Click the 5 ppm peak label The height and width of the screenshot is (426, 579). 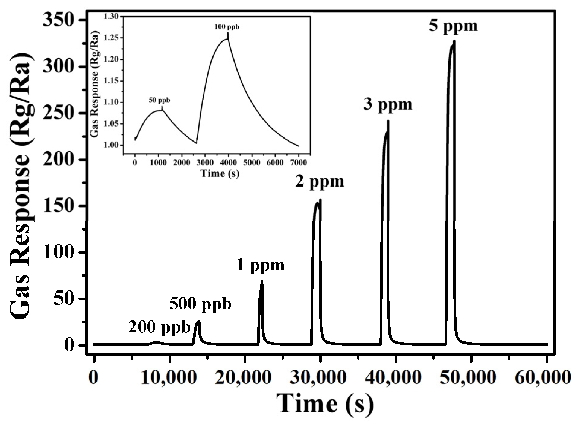(453, 26)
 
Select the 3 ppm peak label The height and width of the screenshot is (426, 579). (388, 104)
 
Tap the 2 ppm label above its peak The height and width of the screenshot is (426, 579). (320, 181)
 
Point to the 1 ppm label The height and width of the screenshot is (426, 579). (260, 265)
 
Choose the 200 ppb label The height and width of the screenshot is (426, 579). (160, 327)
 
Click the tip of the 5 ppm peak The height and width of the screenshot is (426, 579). (454, 41)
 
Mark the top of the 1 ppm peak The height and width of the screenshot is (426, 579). (262, 282)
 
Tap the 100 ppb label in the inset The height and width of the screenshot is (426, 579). (227, 27)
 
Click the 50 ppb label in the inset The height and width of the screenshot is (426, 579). (159, 100)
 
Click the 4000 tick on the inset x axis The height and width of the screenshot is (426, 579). (228, 163)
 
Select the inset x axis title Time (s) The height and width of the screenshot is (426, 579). (220, 174)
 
